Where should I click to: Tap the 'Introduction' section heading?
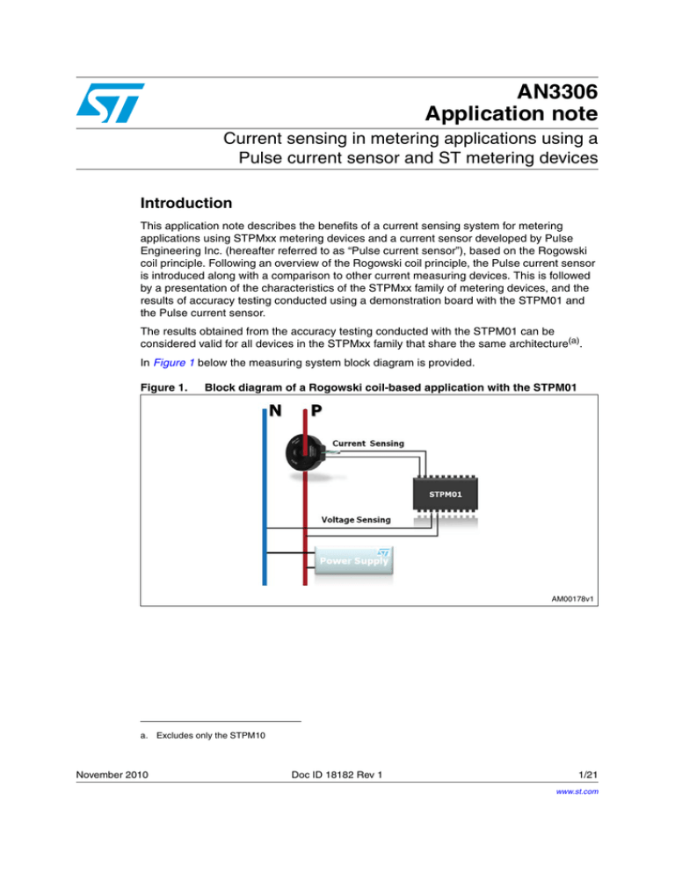[x=180, y=203]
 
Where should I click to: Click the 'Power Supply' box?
[x=354, y=559]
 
